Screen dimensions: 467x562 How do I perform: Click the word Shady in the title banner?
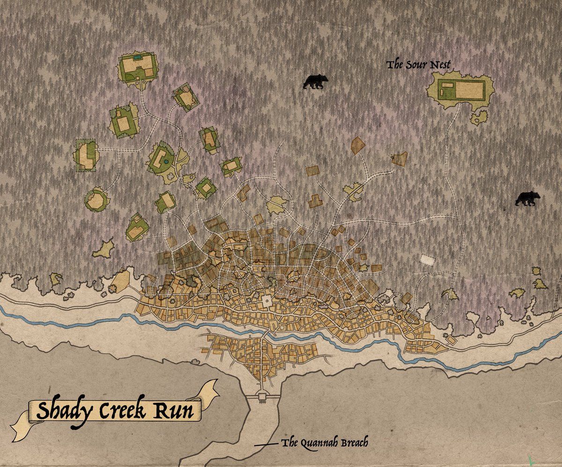point(63,411)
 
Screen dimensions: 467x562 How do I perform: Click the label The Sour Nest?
point(418,64)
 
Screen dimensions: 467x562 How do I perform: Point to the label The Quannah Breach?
point(325,443)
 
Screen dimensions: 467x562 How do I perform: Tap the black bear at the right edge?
point(527,199)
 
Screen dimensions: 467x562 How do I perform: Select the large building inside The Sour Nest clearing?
point(470,90)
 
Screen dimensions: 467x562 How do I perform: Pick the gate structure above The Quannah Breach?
point(262,398)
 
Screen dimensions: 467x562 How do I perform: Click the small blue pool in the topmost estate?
point(136,57)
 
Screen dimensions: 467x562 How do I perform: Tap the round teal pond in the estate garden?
point(165,162)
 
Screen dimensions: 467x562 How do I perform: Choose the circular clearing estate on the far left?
point(97,199)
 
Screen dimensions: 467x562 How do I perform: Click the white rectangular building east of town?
point(427,259)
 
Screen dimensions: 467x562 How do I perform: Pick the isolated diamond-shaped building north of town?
point(357,145)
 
